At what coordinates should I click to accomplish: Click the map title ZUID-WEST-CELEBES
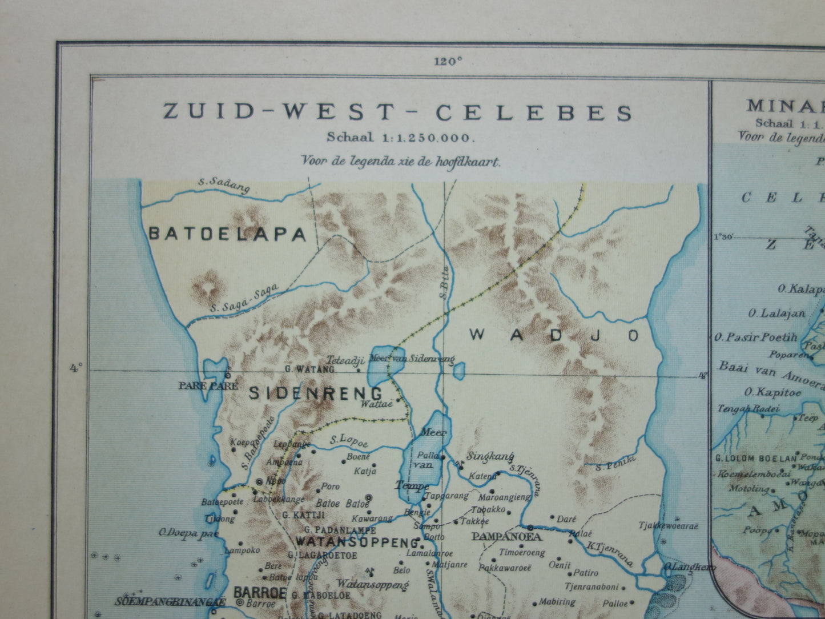(398, 112)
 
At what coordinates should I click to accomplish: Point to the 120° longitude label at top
(447, 62)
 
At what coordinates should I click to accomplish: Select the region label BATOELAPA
(228, 234)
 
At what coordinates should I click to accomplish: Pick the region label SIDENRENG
(315, 393)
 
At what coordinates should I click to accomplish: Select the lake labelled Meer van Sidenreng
(379, 365)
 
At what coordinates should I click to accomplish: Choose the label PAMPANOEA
(506, 537)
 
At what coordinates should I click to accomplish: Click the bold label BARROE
(259, 592)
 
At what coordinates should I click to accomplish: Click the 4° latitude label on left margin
(75, 368)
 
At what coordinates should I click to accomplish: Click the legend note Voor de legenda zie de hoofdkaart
(401, 161)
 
